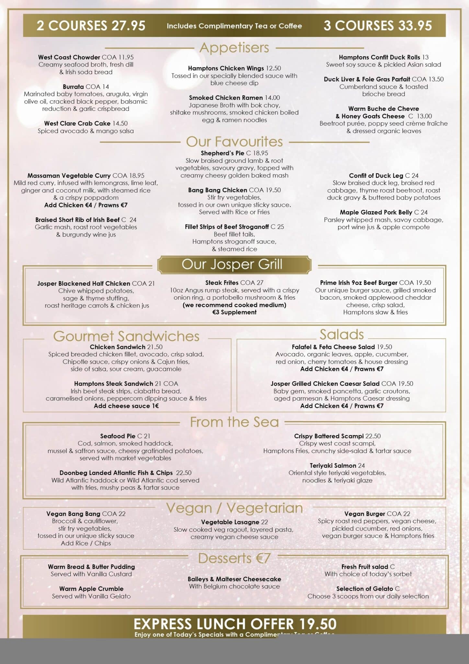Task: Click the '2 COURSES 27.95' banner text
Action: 91,26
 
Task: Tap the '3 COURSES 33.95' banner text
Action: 378,26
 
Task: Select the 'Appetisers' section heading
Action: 234,48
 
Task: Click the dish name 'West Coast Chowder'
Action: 69,57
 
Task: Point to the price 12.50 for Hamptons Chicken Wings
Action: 273,68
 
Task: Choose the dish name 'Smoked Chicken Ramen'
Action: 226,98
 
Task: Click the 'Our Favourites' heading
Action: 234,142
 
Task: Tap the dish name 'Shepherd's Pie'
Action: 223,153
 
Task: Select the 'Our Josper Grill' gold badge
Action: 234,264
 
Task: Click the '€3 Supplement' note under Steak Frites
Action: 234,312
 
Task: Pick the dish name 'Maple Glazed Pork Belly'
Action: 376,212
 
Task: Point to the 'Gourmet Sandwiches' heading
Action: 126,336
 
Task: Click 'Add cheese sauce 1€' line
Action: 126,406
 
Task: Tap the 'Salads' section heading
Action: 341,334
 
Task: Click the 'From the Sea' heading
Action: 234,422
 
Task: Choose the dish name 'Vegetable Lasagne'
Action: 230,522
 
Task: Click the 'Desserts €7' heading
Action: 234,558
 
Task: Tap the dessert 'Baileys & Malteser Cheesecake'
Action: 234,579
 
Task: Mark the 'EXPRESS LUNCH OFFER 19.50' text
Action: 235,624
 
